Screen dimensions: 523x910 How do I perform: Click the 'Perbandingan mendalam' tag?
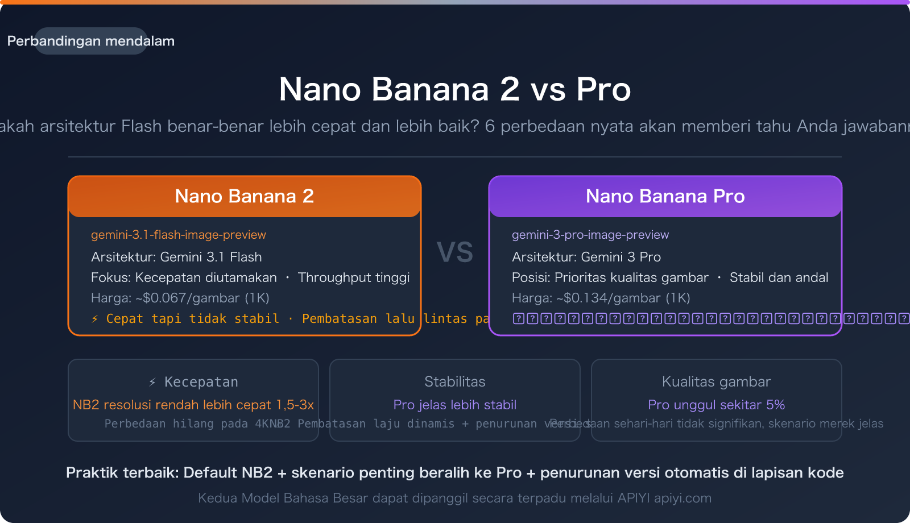(91, 41)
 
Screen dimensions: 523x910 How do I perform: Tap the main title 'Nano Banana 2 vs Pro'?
(455, 89)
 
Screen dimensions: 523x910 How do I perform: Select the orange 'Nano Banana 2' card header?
(245, 196)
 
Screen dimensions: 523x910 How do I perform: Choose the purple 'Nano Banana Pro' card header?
(665, 196)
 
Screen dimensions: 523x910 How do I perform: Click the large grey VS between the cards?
(455, 252)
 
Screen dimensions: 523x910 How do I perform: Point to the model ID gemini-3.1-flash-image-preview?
(179, 235)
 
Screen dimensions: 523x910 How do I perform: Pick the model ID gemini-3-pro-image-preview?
(590, 235)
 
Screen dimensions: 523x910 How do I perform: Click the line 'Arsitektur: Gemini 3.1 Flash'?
(176, 257)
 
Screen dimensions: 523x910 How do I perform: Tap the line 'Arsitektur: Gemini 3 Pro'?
(586, 257)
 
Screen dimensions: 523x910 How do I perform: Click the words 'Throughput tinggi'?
(354, 277)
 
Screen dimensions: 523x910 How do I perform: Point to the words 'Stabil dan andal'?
(779, 277)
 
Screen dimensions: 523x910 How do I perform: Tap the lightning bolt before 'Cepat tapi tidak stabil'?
(95, 319)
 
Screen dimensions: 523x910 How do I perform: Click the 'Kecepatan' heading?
(201, 382)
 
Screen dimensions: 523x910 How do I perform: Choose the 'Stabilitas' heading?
(455, 381)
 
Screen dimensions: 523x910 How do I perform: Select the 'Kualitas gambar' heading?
(717, 381)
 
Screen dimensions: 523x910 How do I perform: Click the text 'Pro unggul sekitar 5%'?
(717, 405)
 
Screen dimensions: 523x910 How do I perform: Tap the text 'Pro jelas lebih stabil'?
(455, 405)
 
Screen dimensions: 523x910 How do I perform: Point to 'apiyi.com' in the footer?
(682, 498)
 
